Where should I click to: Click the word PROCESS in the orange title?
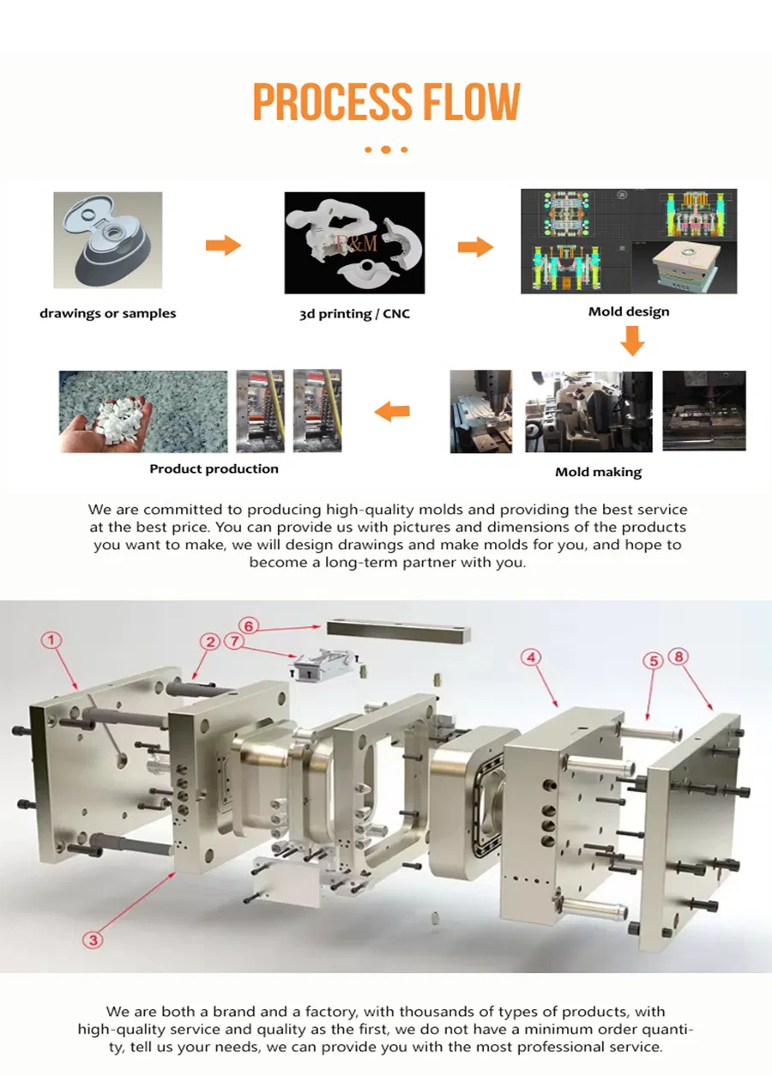click(x=333, y=102)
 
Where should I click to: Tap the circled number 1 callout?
click(x=51, y=640)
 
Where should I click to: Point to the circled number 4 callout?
click(x=531, y=657)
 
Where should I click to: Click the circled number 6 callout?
click(x=249, y=626)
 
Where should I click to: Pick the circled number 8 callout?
click(x=679, y=656)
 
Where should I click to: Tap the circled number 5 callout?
click(x=654, y=662)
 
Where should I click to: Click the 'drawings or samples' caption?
click(x=108, y=314)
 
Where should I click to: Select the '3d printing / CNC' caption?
click(x=355, y=314)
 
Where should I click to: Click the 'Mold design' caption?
click(x=629, y=311)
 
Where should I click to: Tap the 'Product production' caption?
click(x=214, y=468)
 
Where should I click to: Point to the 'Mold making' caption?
click(x=599, y=472)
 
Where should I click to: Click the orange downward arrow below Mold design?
click(x=632, y=341)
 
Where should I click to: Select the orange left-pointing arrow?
click(x=392, y=411)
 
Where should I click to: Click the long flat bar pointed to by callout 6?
click(x=399, y=632)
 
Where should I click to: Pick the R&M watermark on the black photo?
click(x=357, y=243)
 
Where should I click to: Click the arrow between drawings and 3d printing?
click(x=223, y=245)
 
